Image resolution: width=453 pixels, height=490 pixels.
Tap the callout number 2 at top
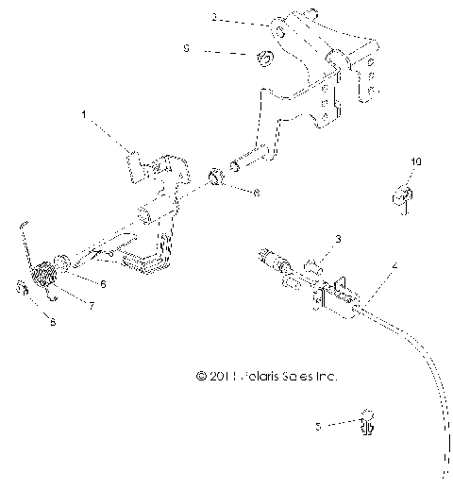[213, 18]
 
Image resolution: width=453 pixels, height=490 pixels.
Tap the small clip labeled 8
[21, 288]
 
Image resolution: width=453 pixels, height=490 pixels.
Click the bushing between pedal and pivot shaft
[216, 176]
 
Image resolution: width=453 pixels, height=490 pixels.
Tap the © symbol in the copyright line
[201, 376]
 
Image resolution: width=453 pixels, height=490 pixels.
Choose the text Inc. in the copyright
[323, 376]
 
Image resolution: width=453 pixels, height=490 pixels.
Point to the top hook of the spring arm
[23, 225]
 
